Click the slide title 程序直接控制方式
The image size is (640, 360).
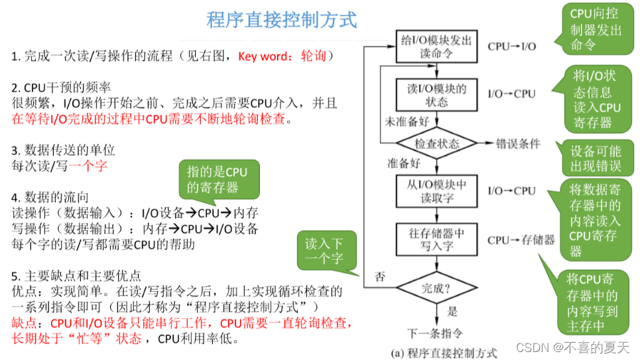coord(281,19)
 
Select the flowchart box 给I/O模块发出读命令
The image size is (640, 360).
coord(436,47)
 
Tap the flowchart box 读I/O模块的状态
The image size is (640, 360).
coord(436,94)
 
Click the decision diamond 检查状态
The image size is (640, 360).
coord(436,144)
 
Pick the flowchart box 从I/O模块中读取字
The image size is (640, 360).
coord(436,191)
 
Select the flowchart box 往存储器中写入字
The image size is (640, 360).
coord(436,239)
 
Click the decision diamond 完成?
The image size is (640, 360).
coord(436,288)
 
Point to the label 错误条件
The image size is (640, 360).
coord(518,144)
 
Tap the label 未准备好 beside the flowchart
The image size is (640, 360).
coord(407,122)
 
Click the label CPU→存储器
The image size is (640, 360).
coord(521,240)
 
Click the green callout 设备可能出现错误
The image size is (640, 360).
coord(596,158)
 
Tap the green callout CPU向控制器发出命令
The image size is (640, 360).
coord(596,29)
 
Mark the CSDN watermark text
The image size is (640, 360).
coord(574,347)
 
